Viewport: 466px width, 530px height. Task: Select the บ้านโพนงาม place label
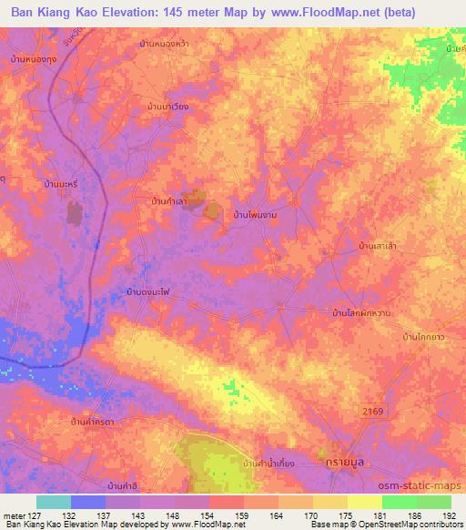click(x=256, y=214)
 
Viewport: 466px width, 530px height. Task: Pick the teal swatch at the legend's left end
click(x=54, y=502)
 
